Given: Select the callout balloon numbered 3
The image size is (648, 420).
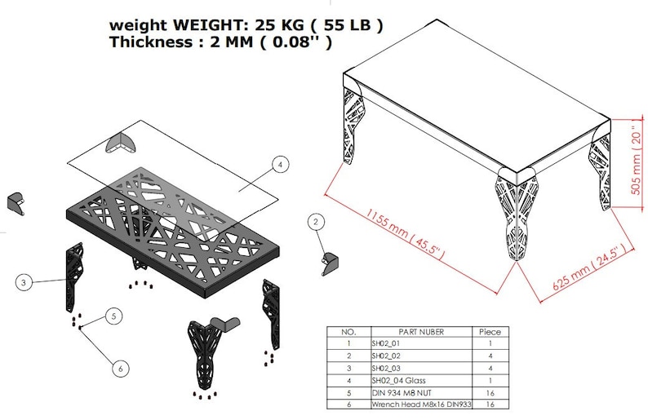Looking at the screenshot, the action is pyautogui.click(x=24, y=283).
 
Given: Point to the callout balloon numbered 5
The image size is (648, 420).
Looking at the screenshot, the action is pyautogui.click(x=114, y=315).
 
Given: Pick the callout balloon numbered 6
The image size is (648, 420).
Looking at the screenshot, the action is pyautogui.click(x=121, y=369).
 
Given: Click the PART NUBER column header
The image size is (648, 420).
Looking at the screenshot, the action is pyautogui.click(x=420, y=332).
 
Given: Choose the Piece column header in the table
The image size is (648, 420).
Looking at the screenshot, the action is pyautogui.click(x=490, y=332).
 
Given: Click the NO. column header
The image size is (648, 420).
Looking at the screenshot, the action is pyautogui.click(x=348, y=332).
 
